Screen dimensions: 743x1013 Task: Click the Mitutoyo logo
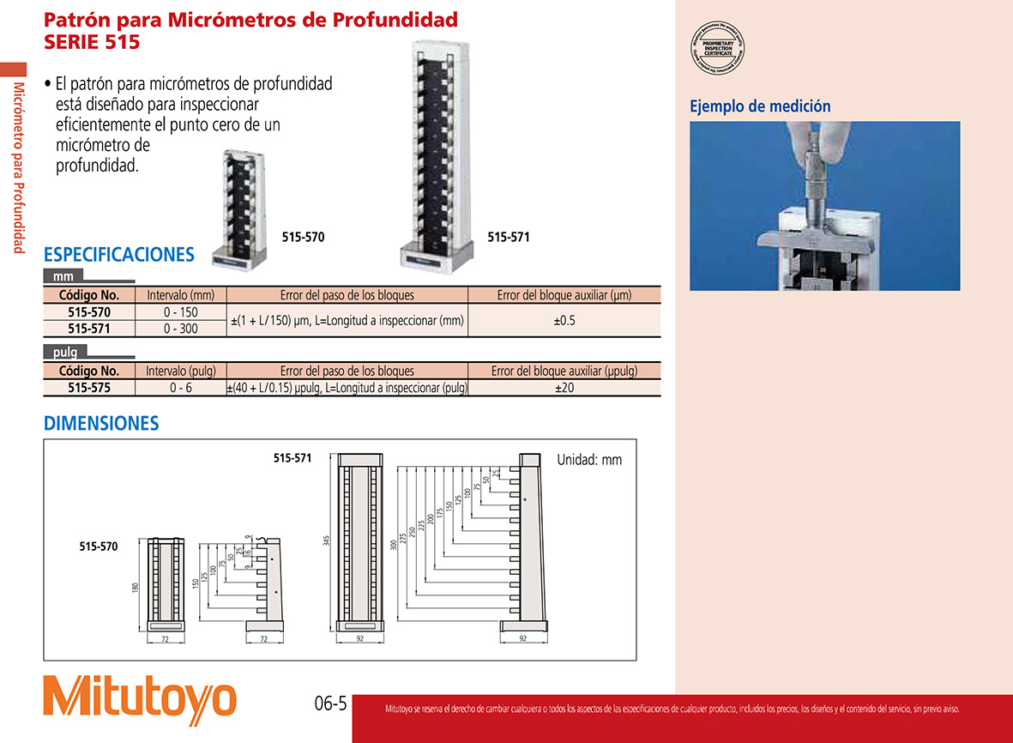[x=140, y=697]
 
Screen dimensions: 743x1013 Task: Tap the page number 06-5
[x=329, y=705]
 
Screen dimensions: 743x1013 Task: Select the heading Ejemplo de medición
[x=760, y=106]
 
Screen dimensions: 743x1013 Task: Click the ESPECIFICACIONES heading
[x=119, y=255]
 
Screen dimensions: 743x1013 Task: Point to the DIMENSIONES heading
[x=101, y=423]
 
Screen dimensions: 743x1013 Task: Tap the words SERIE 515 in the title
[x=92, y=41]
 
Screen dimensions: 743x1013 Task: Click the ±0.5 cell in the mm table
[x=564, y=320]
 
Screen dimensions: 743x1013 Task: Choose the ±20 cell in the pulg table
[x=564, y=388]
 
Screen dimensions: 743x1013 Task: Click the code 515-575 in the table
[x=88, y=388]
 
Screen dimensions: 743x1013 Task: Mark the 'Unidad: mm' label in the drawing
[x=589, y=460]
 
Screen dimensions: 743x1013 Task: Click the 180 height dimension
[x=135, y=589]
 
